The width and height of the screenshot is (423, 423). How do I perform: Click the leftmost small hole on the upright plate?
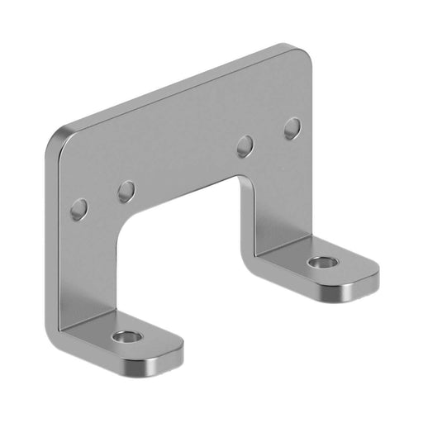coord(79,208)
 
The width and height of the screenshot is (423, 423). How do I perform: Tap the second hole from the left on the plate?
coord(126,192)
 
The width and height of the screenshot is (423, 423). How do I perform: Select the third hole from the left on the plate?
coord(245,147)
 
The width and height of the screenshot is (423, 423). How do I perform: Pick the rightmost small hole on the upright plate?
coord(292,129)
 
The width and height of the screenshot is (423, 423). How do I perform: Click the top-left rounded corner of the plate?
coord(64,137)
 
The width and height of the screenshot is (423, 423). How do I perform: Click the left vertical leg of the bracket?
coord(91,264)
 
